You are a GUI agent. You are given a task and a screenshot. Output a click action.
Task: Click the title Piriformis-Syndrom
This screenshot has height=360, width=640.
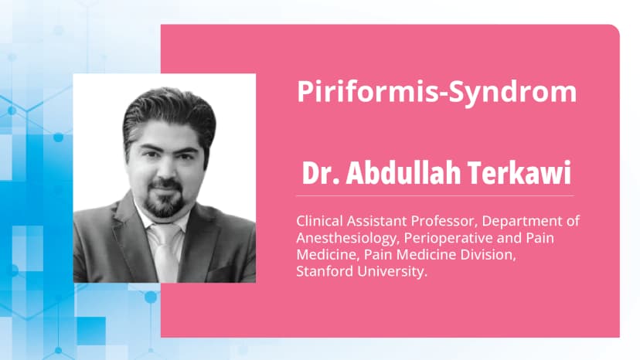click(437, 92)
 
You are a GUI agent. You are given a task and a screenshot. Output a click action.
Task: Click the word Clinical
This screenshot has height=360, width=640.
click(319, 221)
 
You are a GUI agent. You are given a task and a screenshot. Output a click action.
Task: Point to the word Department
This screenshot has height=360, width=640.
click(526, 221)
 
